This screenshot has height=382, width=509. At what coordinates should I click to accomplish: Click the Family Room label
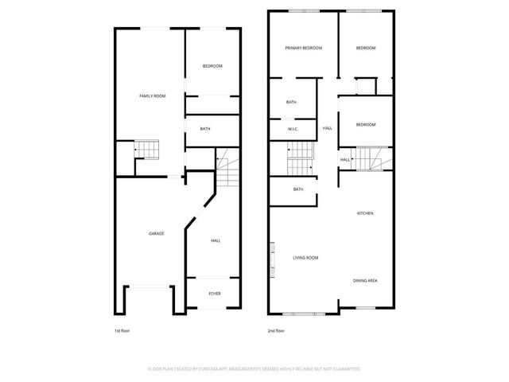153,96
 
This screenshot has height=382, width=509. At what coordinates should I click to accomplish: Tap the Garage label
156,233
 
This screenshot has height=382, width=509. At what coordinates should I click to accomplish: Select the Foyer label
215,294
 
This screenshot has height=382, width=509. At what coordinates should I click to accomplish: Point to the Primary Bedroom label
304,49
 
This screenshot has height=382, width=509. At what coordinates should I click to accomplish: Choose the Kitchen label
365,213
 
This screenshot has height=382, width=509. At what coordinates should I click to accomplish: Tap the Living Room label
305,258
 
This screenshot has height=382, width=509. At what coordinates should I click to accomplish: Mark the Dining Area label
365,281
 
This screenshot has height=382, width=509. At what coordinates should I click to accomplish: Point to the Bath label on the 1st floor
205,129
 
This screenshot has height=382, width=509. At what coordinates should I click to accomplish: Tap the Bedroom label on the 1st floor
212,65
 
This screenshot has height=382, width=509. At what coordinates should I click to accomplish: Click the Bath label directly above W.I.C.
292,102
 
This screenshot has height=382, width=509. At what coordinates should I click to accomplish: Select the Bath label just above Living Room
298,189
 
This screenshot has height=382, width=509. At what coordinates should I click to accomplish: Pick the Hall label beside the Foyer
216,240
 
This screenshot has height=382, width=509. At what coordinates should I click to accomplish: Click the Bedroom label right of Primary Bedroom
365,49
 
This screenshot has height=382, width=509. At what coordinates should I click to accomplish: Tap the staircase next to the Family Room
146,150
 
